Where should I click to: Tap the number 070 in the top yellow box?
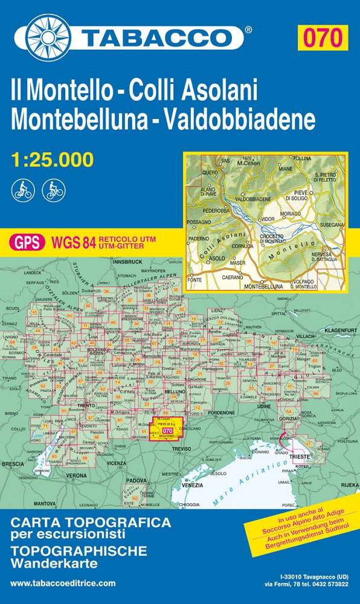[322, 37]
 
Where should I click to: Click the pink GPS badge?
[27, 242]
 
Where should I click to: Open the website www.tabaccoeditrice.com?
[63, 583]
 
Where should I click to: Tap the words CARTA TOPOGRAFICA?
[91, 523]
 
